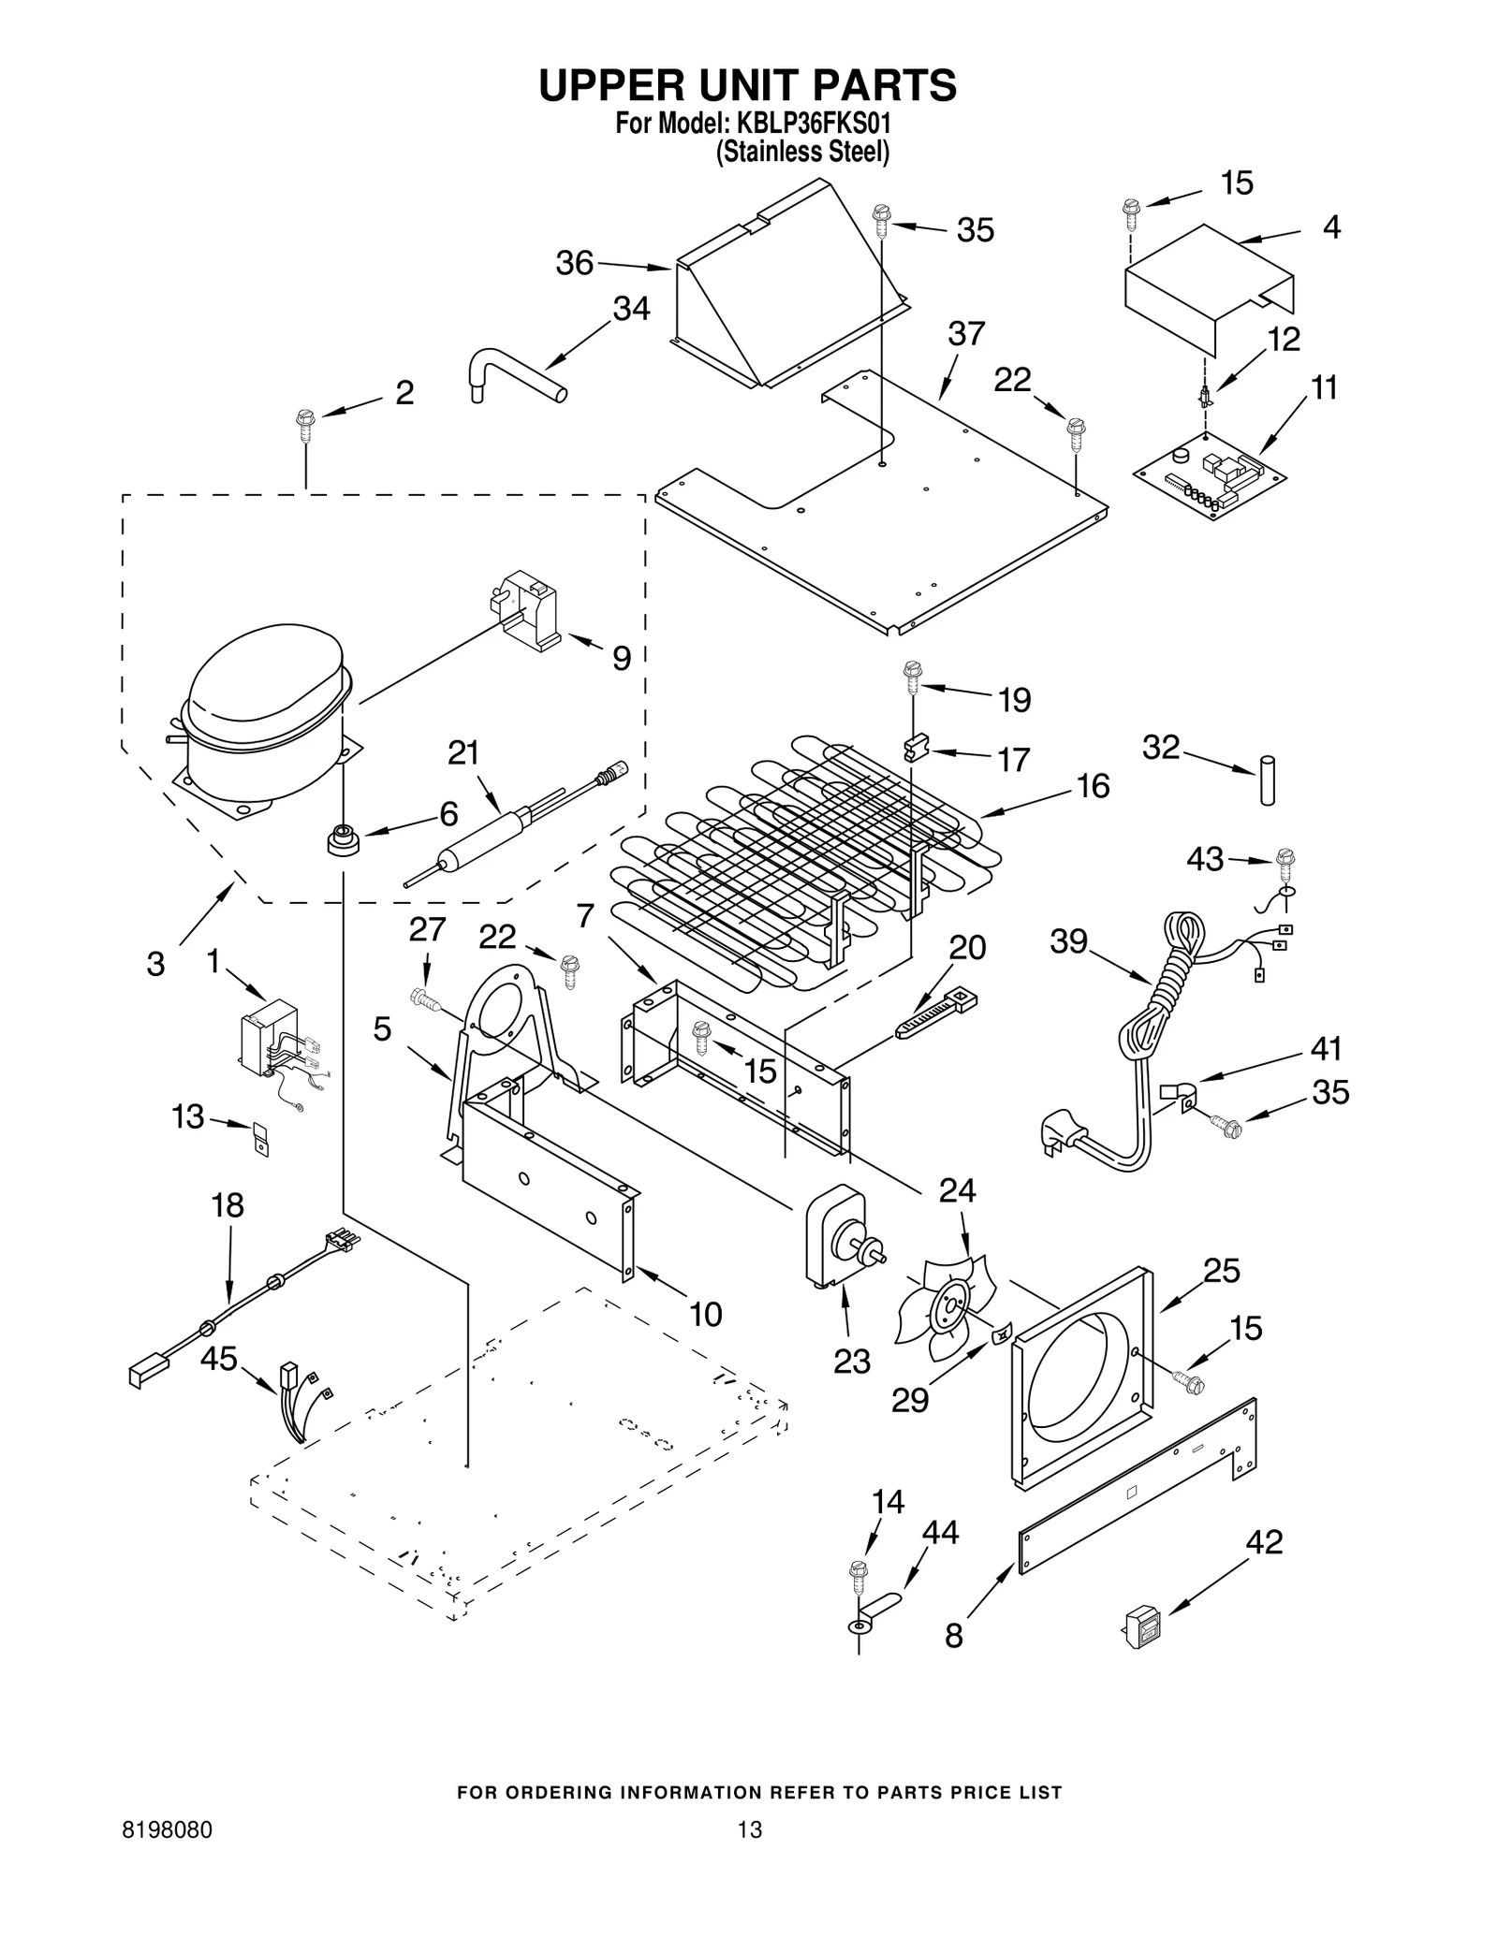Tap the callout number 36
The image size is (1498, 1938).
(574, 263)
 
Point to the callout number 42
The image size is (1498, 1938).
(1263, 1541)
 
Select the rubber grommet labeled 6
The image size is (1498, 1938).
(343, 838)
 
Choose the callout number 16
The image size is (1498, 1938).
(1093, 785)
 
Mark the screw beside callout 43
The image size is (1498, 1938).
(1285, 860)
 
